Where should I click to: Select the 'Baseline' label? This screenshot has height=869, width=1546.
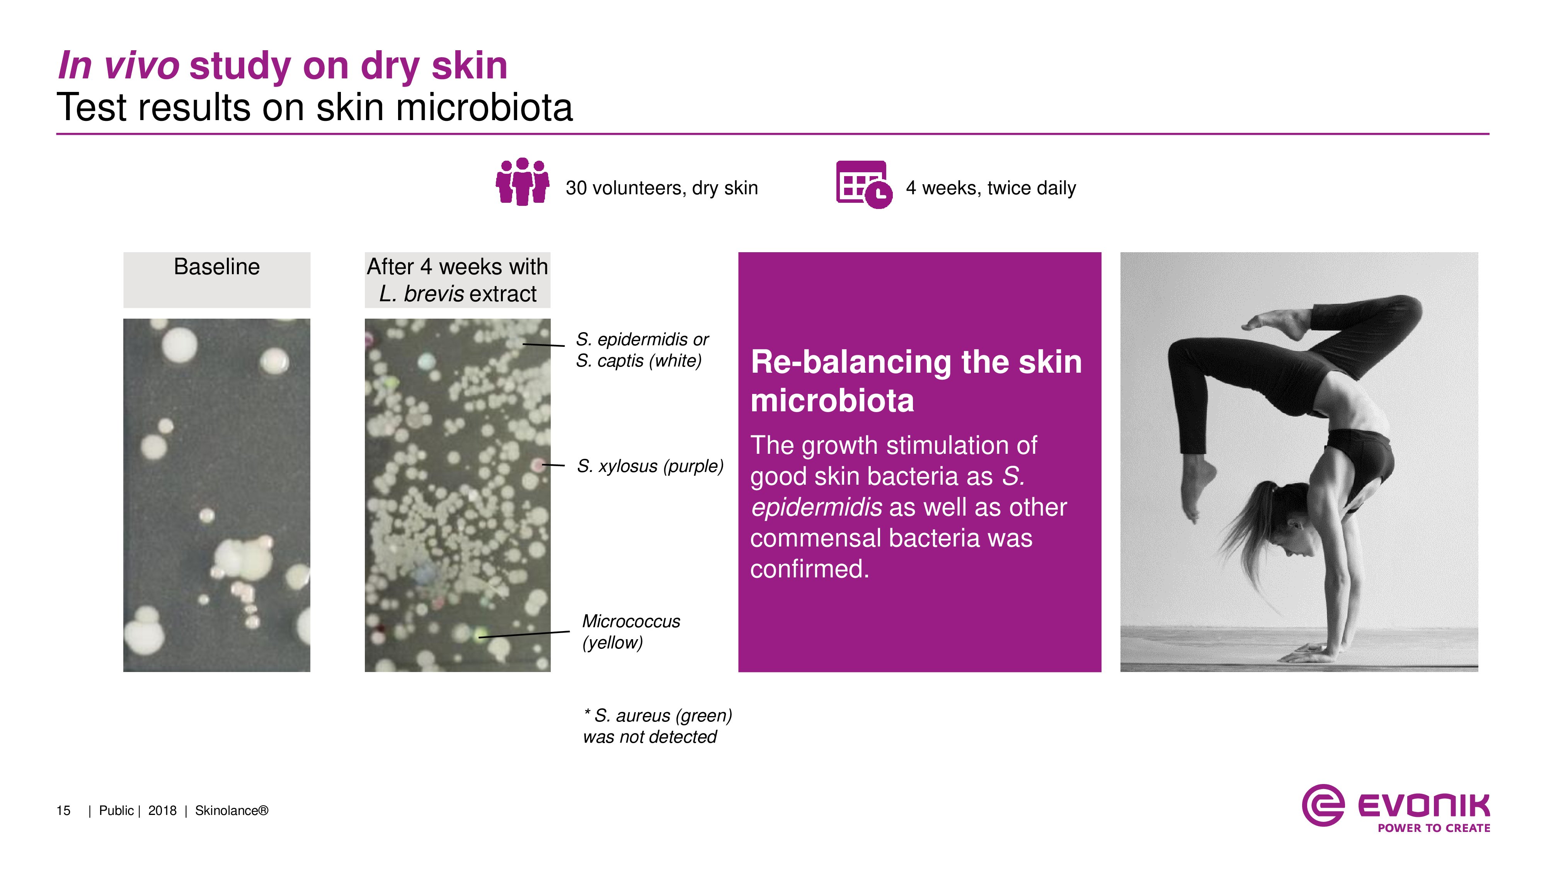click(217, 267)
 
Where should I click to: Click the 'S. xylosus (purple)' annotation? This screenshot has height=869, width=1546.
click(650, 466)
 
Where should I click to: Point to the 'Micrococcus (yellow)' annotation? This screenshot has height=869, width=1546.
click(631, 631)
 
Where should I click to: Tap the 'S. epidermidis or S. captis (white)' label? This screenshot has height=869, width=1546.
click(642, 350)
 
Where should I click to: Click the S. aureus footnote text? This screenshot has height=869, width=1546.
click(657, 726)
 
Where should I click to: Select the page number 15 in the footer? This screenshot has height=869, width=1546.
click(63, 811)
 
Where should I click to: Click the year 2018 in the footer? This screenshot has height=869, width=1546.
click(162, 811)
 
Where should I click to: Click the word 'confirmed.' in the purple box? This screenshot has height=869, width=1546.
click(810, 569)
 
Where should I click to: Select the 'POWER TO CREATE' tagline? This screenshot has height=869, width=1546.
click(1434, 828)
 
